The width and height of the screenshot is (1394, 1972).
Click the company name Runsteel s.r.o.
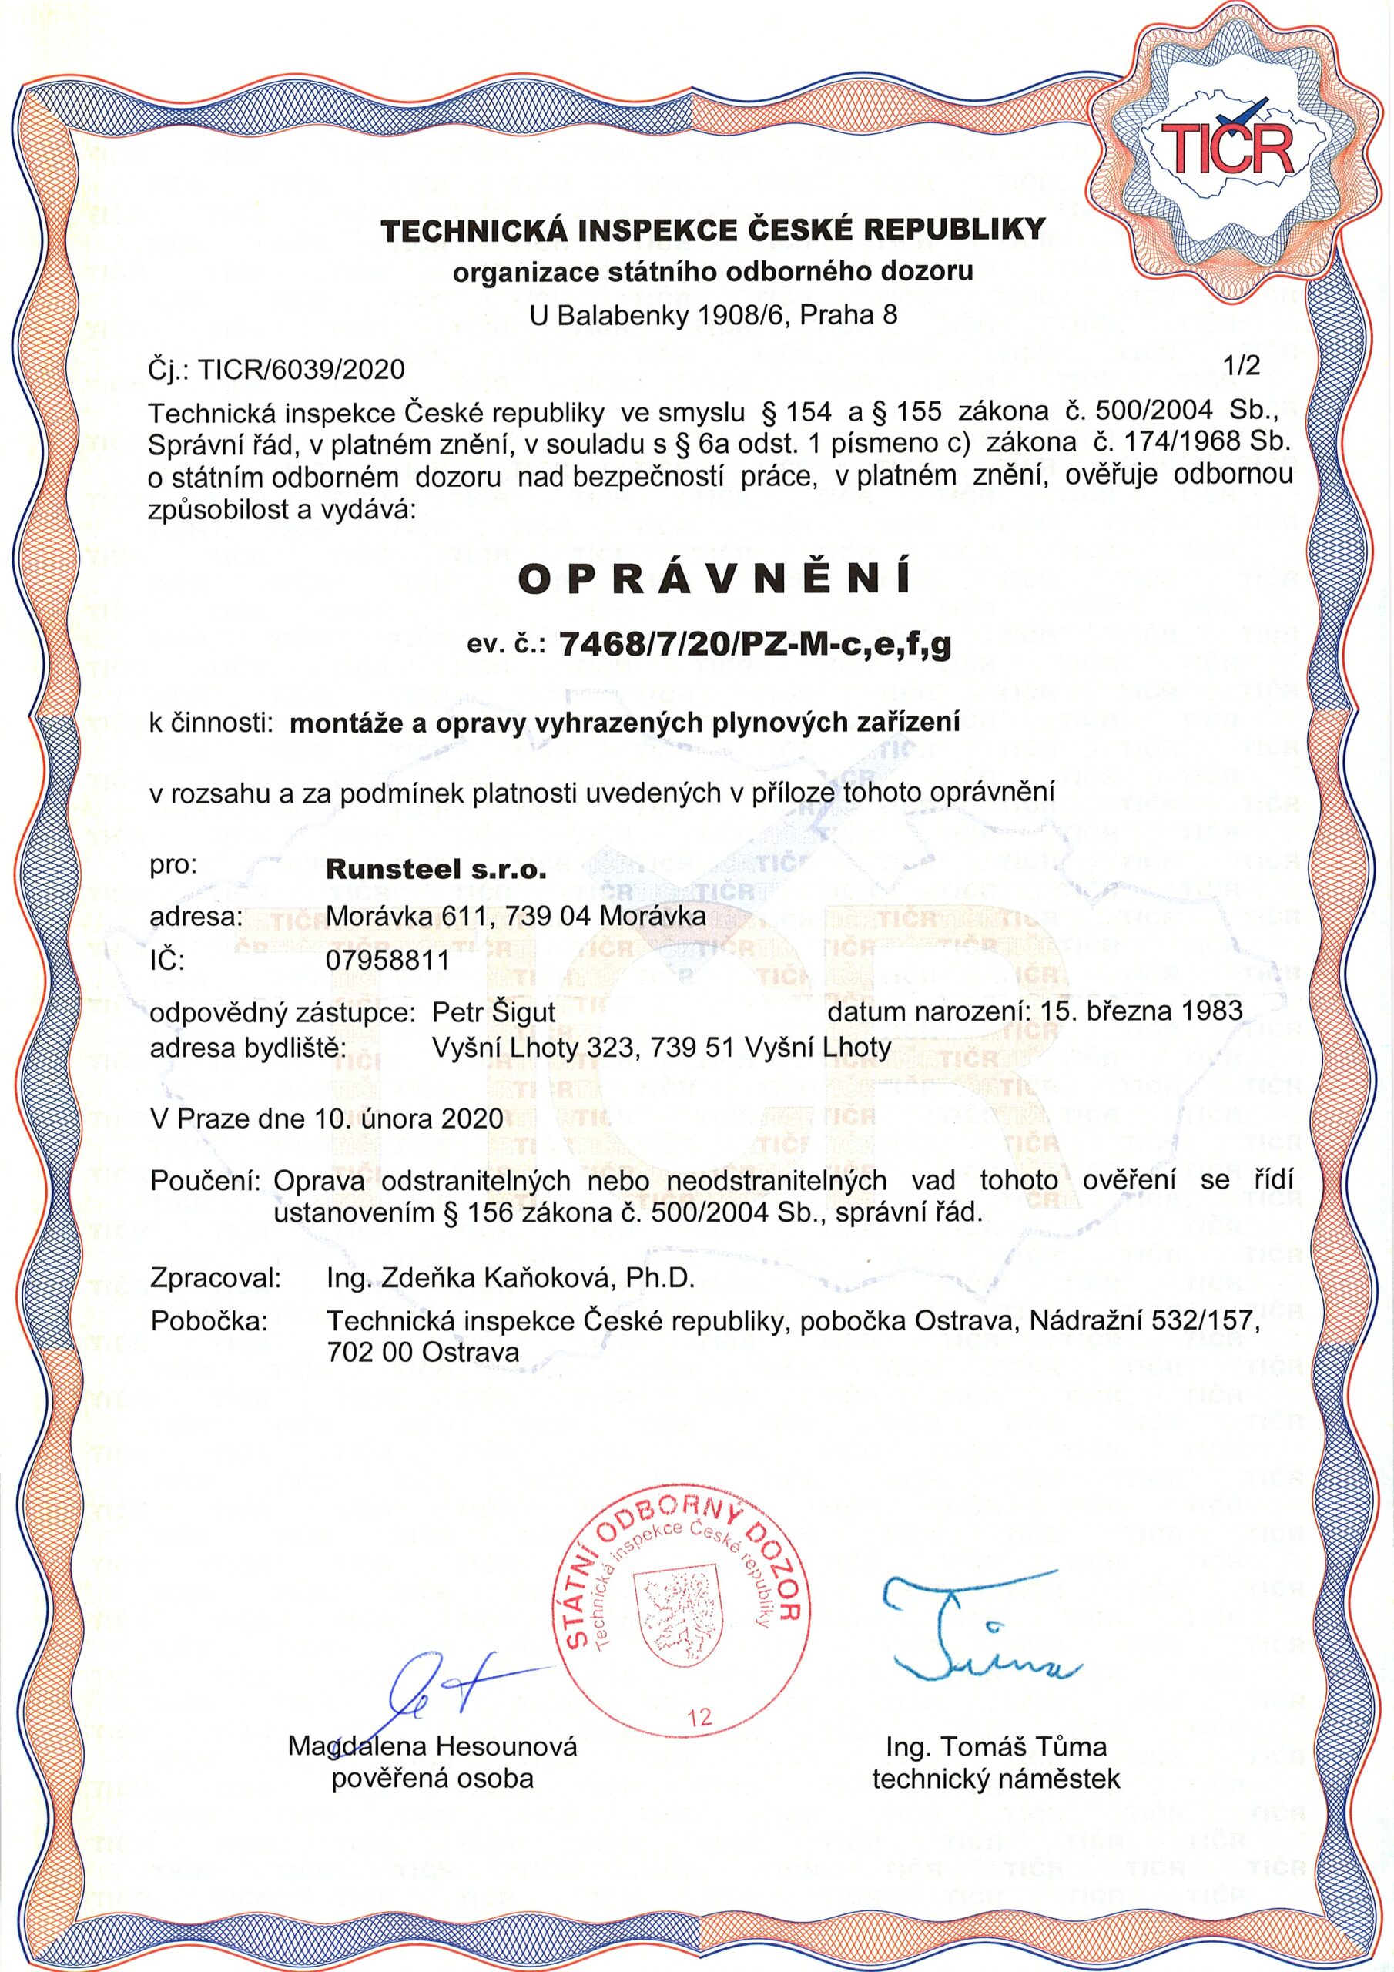tap(437, 869)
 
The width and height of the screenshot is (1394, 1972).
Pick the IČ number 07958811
tap(388, 961)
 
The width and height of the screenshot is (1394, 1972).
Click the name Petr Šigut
tap(494, 1011)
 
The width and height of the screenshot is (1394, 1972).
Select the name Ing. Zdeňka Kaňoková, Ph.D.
tap(510, 1279)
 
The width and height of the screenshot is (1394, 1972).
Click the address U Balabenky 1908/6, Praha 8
tap(713, 316)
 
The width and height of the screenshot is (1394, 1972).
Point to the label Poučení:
tap(206, 1181)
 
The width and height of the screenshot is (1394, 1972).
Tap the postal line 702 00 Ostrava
tap(424, 1353)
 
